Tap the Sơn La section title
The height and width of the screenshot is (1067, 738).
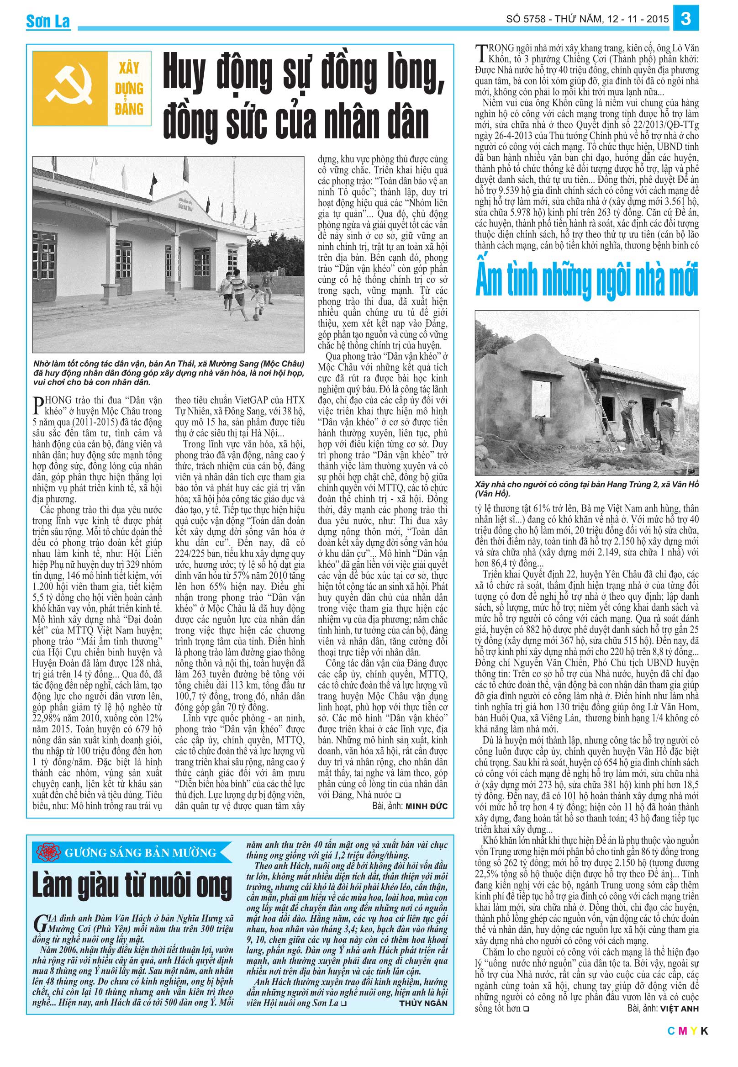[48, 21]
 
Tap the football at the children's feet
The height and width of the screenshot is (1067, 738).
[256, 317]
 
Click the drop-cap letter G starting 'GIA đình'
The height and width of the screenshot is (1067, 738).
[40, 922]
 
